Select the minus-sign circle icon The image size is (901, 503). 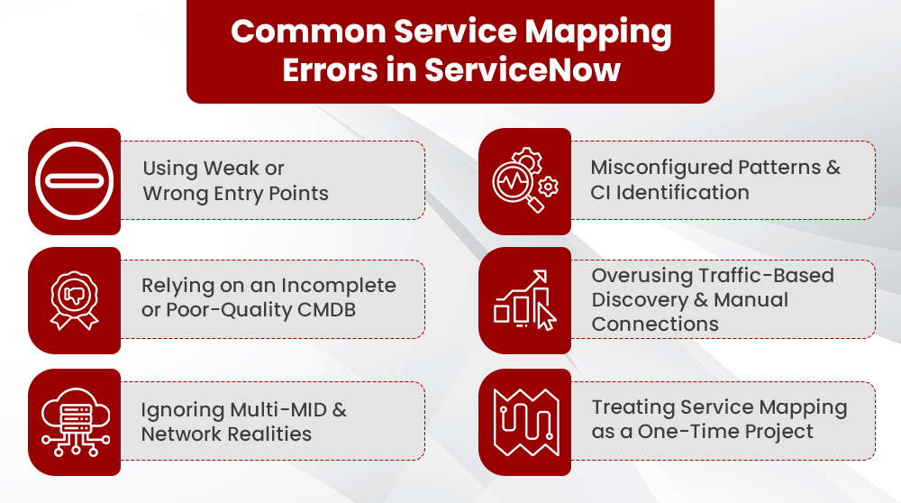coord(74,180)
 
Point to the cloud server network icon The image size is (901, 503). coord(74,421)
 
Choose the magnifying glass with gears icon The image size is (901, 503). coord(524,180)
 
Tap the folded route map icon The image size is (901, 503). coord(524,421)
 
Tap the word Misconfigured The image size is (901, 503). coord(660,168)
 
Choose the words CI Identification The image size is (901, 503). coord(669,192)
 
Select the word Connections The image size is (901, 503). coord(655,324)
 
